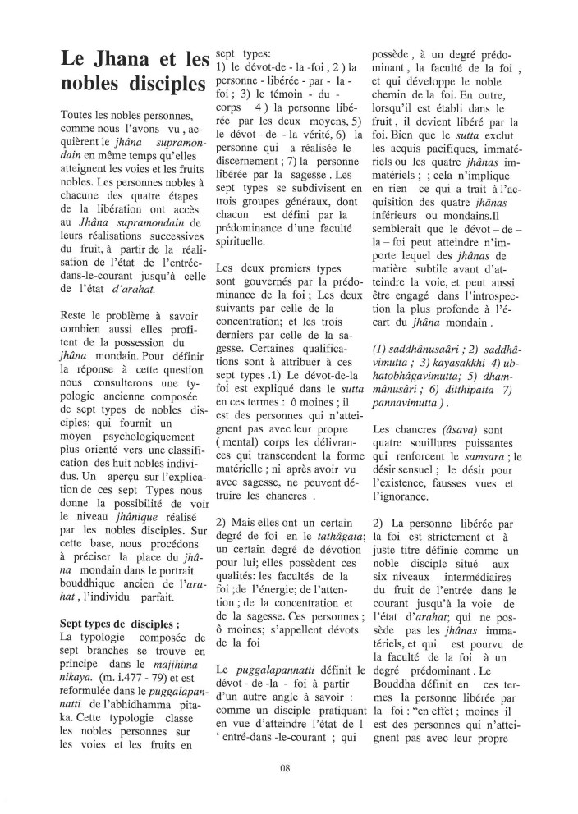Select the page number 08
[x=286, y=769]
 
